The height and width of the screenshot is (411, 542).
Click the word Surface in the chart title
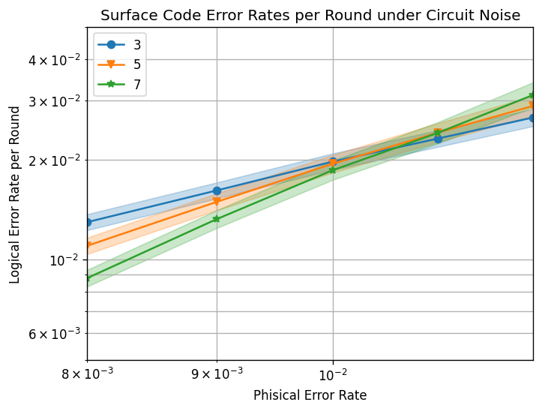point(124,15)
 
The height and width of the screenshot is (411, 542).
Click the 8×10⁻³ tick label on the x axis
point(87,375)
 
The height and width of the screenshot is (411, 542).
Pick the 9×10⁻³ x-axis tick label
point(217,375)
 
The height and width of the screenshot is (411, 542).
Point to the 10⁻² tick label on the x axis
point(333,375)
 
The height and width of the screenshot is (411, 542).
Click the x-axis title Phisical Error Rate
point(310,395)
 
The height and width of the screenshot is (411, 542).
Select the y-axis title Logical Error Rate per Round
point(16,194)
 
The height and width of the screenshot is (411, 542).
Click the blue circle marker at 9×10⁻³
point(217,190)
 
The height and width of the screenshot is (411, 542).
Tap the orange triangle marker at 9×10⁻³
point(217,202)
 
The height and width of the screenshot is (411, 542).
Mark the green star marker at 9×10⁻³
point(217,219)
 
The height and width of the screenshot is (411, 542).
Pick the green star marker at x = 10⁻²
point(333,170)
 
